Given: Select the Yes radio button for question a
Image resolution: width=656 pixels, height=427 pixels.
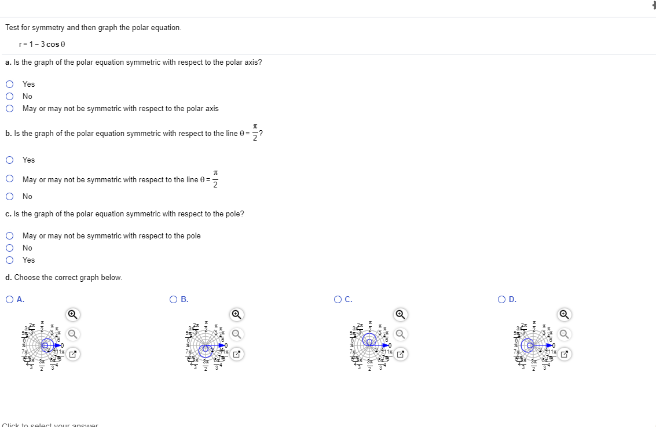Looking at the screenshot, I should (10, 84).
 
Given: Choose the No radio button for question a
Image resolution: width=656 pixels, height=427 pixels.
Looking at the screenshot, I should (10, 96).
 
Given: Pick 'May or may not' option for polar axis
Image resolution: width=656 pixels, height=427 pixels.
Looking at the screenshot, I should (10, 108).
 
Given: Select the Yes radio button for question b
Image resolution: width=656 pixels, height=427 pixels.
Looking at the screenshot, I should (10, 160).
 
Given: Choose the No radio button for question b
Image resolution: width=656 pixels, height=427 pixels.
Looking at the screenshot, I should (10, 196).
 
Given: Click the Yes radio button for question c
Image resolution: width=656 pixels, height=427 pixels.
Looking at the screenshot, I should (10, 260).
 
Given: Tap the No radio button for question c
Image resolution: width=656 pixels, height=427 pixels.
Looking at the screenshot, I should (10, 248).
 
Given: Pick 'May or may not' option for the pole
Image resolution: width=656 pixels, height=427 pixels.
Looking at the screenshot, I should (10, 235).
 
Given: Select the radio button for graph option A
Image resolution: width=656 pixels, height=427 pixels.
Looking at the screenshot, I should (10, 299).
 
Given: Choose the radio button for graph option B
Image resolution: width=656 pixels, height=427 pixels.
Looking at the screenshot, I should (174, 299).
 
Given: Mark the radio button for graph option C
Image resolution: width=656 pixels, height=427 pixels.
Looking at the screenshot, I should (338, 299).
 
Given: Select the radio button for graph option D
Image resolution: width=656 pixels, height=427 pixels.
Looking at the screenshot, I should (501, 299).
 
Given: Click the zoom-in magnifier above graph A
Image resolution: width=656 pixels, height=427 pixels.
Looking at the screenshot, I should (72, 314).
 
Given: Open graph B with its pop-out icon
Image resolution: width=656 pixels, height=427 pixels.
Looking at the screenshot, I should (236, 354).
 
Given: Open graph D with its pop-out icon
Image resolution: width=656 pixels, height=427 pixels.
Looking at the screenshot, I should (564, 354).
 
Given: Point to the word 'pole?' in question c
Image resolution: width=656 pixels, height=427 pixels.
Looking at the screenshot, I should (235, 214).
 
